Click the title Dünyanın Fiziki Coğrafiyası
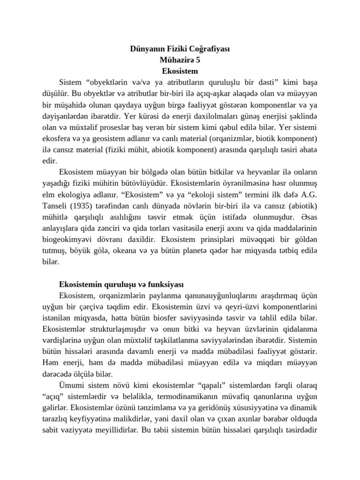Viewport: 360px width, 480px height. (x=180, y=49)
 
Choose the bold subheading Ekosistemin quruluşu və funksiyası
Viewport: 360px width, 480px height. (x=121, y=285)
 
